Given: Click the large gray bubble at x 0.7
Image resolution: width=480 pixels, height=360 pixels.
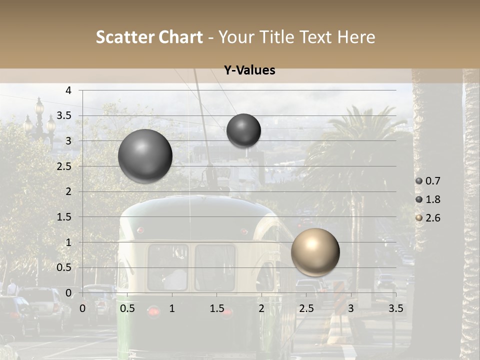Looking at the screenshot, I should pos(145,156).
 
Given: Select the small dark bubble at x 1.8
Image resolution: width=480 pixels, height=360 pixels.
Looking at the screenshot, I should pos(243,130).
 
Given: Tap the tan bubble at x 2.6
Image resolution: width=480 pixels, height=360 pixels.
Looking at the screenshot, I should pos(315,252).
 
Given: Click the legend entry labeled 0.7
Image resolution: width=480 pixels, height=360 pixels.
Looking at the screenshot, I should pos(432,181).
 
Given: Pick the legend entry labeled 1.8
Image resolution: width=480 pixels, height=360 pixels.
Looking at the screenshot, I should pos(432,199).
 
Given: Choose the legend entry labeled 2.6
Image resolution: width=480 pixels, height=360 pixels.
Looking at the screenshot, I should pos(432,218).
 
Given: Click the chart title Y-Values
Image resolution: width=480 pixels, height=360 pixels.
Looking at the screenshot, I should pos(249,70).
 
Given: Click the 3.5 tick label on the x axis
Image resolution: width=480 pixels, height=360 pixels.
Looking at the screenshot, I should pos(395,308).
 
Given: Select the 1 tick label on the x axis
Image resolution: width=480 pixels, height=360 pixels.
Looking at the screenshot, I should pos(172,308).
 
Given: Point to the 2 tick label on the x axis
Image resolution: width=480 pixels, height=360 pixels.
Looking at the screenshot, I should pos(261,308).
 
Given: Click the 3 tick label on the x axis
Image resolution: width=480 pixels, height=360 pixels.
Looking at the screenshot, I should pos(351,308).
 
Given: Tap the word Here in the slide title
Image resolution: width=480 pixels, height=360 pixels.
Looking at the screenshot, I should pos(356,37).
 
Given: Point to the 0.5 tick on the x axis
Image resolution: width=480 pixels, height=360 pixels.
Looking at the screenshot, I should pos(127,308).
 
